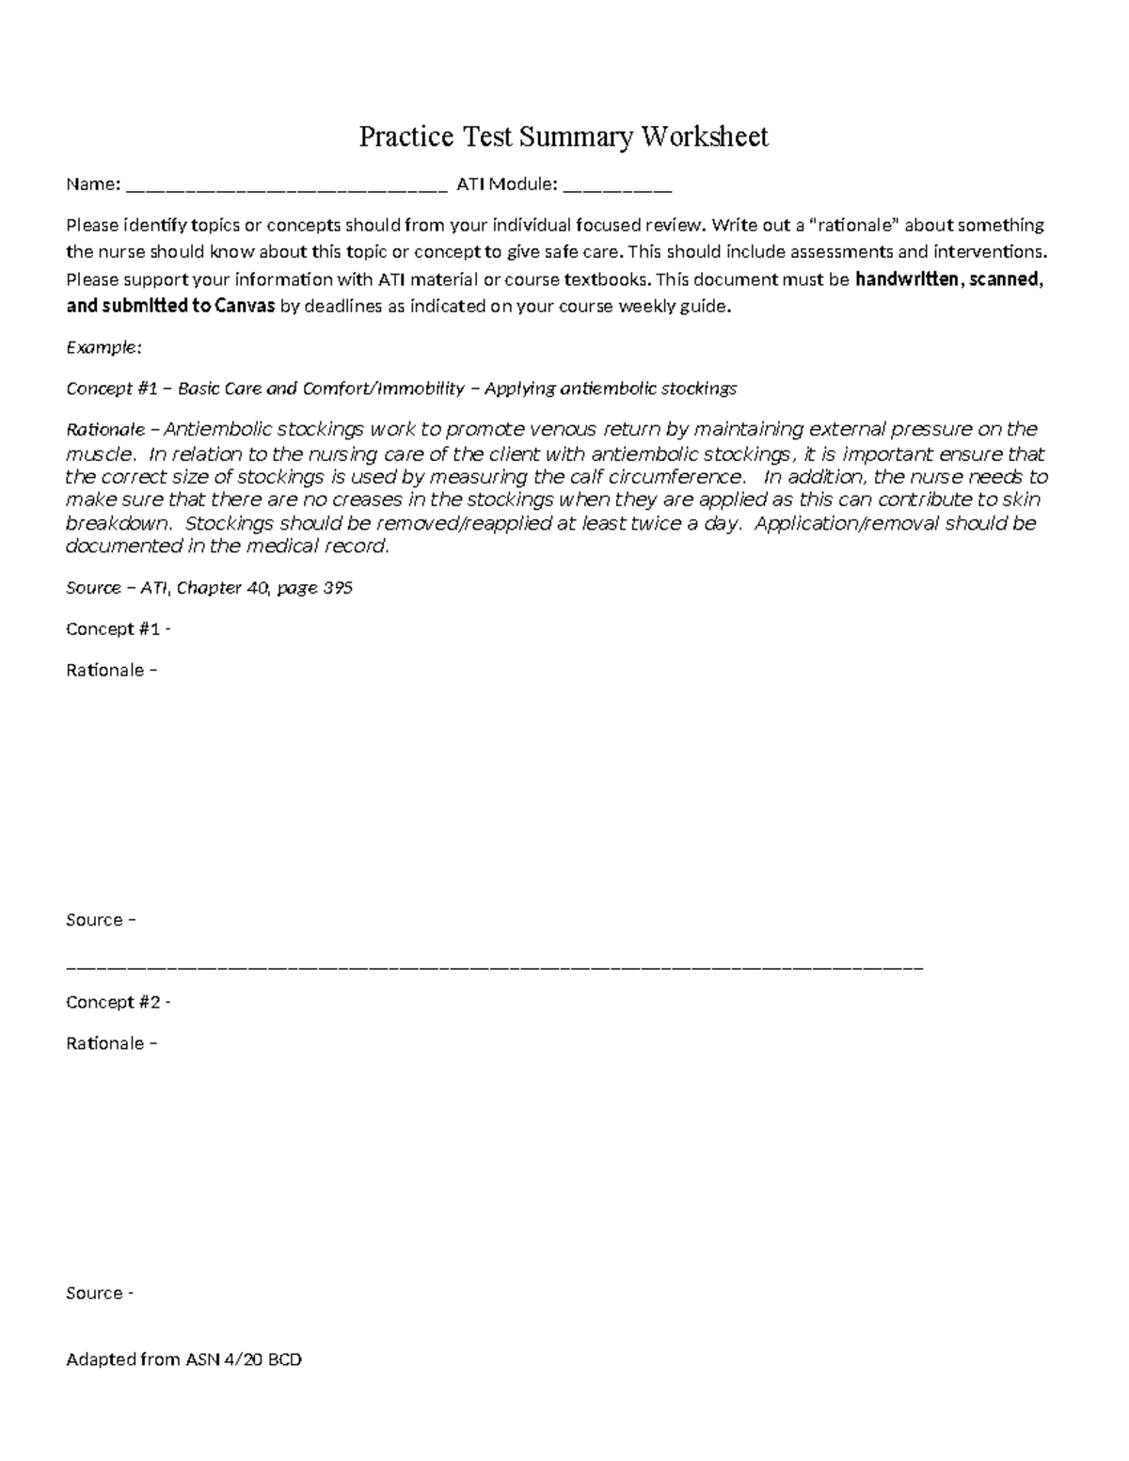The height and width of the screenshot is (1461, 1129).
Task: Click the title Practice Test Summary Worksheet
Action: point(564,137)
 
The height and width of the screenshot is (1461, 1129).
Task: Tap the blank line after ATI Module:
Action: point(616,190)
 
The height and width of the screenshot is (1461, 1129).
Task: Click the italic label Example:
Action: point(103,347)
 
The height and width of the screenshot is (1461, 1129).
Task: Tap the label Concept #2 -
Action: point(118,1002)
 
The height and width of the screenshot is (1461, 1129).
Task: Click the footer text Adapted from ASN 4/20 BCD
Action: point(183,1359)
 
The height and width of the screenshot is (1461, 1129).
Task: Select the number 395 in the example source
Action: point(338,588)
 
